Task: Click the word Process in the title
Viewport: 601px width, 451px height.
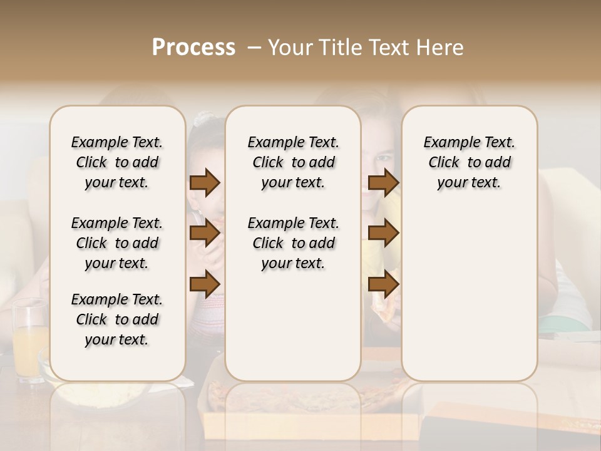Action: (193, 48)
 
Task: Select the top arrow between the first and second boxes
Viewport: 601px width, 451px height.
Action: (205, 183)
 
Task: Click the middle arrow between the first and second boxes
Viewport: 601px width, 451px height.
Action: (205, 233)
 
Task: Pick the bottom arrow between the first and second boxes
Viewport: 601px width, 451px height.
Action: (205, 284)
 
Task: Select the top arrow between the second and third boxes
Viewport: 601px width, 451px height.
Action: (383, 183)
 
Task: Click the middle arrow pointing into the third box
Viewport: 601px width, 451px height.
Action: (383, 233)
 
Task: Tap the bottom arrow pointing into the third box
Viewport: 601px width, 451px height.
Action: (383, 284)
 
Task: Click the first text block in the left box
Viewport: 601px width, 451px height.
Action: (117, 162)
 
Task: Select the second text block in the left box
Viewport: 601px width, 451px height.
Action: (117, 243)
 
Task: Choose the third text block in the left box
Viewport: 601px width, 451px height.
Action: (117, 319)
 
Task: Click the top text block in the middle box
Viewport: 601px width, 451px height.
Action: (293, 162)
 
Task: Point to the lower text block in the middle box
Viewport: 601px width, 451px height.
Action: (293, 243)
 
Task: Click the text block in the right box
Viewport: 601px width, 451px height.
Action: (469, 162)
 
